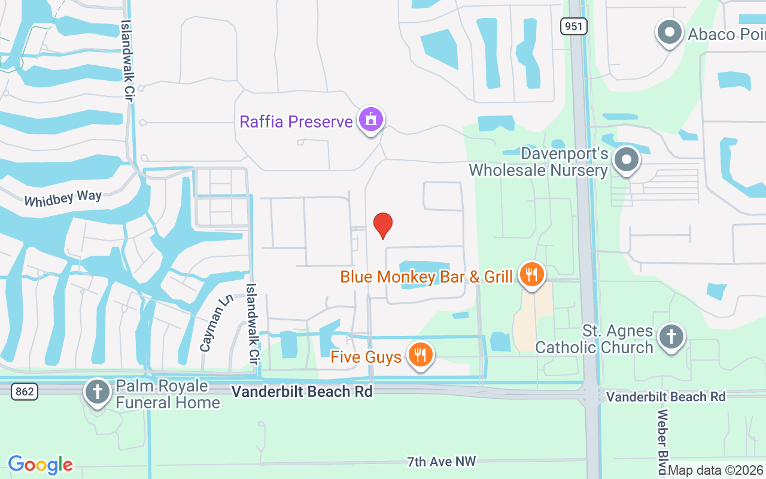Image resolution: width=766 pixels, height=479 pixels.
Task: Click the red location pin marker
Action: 383,225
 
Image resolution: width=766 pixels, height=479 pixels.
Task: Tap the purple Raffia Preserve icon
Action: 371,120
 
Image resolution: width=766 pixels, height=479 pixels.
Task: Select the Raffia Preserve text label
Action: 296,122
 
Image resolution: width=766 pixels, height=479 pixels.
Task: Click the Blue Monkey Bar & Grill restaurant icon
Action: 530,275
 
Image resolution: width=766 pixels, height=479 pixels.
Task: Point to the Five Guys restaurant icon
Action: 421,355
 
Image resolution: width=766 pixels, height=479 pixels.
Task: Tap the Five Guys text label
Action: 366,357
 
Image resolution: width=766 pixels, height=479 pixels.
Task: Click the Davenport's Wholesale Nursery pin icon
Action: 627,160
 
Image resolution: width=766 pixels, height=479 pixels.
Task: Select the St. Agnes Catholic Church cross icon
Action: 671,337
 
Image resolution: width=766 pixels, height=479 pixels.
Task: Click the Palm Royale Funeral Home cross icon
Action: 96,392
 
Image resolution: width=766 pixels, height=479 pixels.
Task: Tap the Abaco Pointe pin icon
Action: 670,32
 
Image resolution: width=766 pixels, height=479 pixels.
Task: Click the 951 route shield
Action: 574,26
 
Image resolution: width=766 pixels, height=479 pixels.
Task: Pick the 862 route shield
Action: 25,392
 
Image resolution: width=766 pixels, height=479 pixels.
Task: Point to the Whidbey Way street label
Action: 63,198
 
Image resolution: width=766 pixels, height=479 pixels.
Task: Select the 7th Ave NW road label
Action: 442,461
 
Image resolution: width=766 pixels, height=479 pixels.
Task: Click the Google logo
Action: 41,465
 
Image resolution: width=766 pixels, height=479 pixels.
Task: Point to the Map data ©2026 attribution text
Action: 716,471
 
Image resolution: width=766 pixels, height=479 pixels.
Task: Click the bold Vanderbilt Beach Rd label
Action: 302,392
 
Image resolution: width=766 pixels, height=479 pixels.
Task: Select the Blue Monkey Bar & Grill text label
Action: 426,277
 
